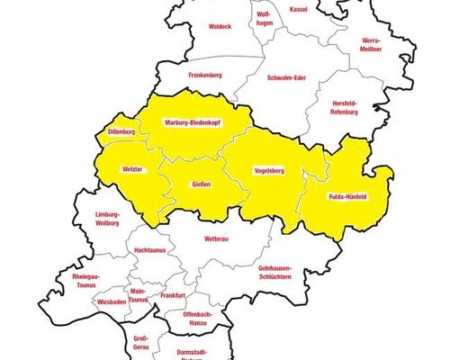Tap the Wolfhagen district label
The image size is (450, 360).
click(264, 20)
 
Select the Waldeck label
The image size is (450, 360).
click(220, 27)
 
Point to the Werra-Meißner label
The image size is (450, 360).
click(371, 45)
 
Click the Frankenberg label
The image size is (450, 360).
click(203, 75)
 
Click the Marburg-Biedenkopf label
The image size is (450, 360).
click(193, 121)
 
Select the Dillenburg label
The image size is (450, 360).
click(121, 132)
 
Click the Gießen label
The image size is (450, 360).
click(202, 184)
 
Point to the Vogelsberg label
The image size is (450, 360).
click(270, 169)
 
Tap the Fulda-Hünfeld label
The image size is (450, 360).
click(347, 196)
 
